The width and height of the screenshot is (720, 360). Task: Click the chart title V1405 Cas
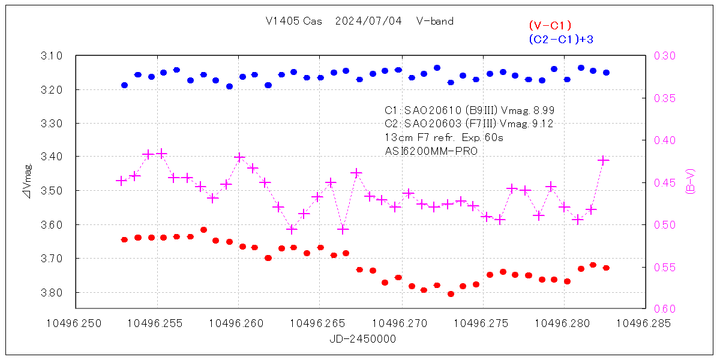pos(295,21)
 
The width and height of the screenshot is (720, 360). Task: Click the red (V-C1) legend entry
pos(550,25)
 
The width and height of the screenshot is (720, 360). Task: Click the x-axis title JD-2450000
pos(362,339)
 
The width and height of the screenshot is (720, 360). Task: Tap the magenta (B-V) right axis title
pos(690,182)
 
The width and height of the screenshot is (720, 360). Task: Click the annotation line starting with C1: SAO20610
pos(469,110)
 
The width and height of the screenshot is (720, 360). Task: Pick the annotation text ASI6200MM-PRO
pos(431,151)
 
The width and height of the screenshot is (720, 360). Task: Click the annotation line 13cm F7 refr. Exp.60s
pos(443,137)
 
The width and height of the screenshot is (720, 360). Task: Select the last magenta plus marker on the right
pos(604,160)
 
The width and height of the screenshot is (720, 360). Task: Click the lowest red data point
pos(451,294)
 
